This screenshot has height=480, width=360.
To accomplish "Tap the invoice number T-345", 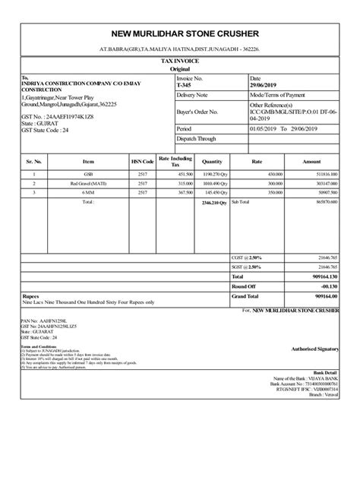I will coord(185,87).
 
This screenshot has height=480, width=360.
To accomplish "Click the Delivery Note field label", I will coord(191,96).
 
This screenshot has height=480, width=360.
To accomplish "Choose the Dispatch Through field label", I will coord(196,140).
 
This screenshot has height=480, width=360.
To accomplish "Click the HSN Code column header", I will coord(142,161).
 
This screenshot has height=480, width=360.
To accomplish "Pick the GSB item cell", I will coord(89,175).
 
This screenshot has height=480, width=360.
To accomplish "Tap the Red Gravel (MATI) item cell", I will coord(89,184).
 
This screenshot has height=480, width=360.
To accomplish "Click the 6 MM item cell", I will coord(89,193).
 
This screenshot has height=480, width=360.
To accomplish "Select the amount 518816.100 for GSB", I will coord(322,175).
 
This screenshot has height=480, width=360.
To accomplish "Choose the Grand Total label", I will coord(246,296).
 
